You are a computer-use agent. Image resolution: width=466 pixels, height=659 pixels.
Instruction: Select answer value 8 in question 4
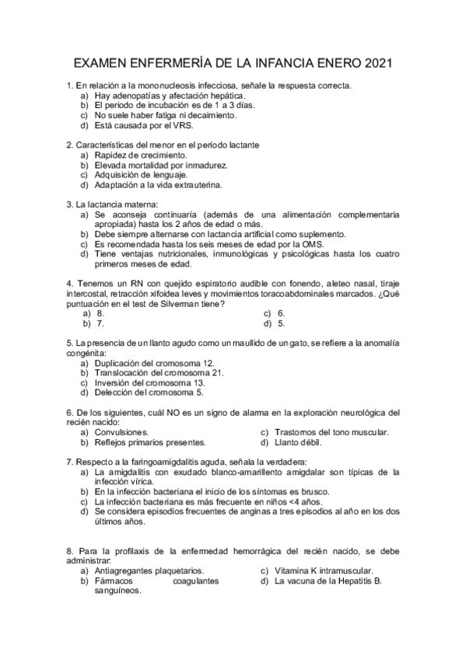(x=98, y=313)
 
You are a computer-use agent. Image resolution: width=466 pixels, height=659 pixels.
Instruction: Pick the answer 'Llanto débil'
(x=298, y=443)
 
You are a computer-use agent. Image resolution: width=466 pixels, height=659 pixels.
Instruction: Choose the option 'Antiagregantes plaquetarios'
(x=149, y=570)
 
